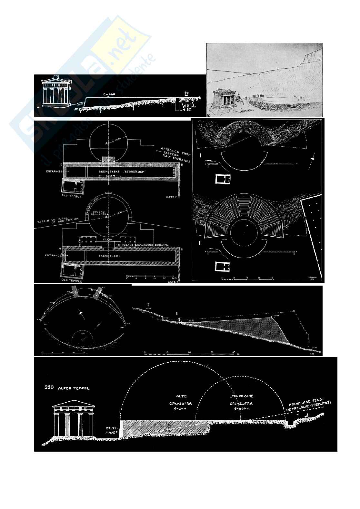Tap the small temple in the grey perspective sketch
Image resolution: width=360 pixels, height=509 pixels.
click(223, 100)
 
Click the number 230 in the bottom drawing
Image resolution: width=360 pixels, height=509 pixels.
click(50, 387)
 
